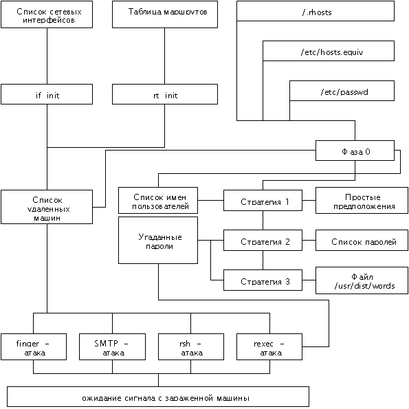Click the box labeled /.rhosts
pyautogui.click(x=316, y=11)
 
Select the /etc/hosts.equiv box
pyautogui.click(x=329, y=51)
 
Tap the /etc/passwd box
pyautogui.click(x=342, y=91)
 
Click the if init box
pyautogui.click(x=47, y=94)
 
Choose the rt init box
pyautogui.click(x=165, y=94)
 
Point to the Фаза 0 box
pyautogui.click(x=355, y=151)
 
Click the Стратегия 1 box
pyautogui.click(x=263, y=200)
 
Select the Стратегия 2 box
pyautogui.click(x=263, y=240)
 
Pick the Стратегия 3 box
pyautogui.click(x=263, y=280)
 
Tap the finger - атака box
pyautogui.click(x=34, y=346)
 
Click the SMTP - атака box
pyautogui.click(x=113, y=346)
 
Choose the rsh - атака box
pyautogui.click(x=191, y=346)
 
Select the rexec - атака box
pyautogui.click(x=269, y=346)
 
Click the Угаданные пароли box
pyautogui.click(x=158, y=240)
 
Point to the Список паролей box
pyautogui.click(x=362, y=240)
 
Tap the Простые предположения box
pyautogui.click(x=362, y=200)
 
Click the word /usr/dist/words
pyautogui.click(x=364, y=286)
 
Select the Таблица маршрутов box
pyautogui.click(x=165, y=14)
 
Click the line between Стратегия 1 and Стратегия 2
pyautogui.click(x=263, y=221)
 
